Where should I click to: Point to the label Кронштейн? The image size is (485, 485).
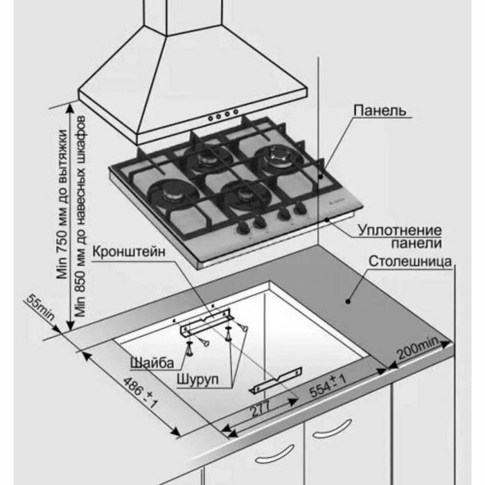(130, 253)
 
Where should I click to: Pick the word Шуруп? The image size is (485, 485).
(194, 380)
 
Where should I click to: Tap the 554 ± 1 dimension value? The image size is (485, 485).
(325, 389)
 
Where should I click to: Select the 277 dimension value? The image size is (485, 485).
(258, 410)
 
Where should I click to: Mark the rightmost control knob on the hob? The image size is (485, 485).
(299, 210)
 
